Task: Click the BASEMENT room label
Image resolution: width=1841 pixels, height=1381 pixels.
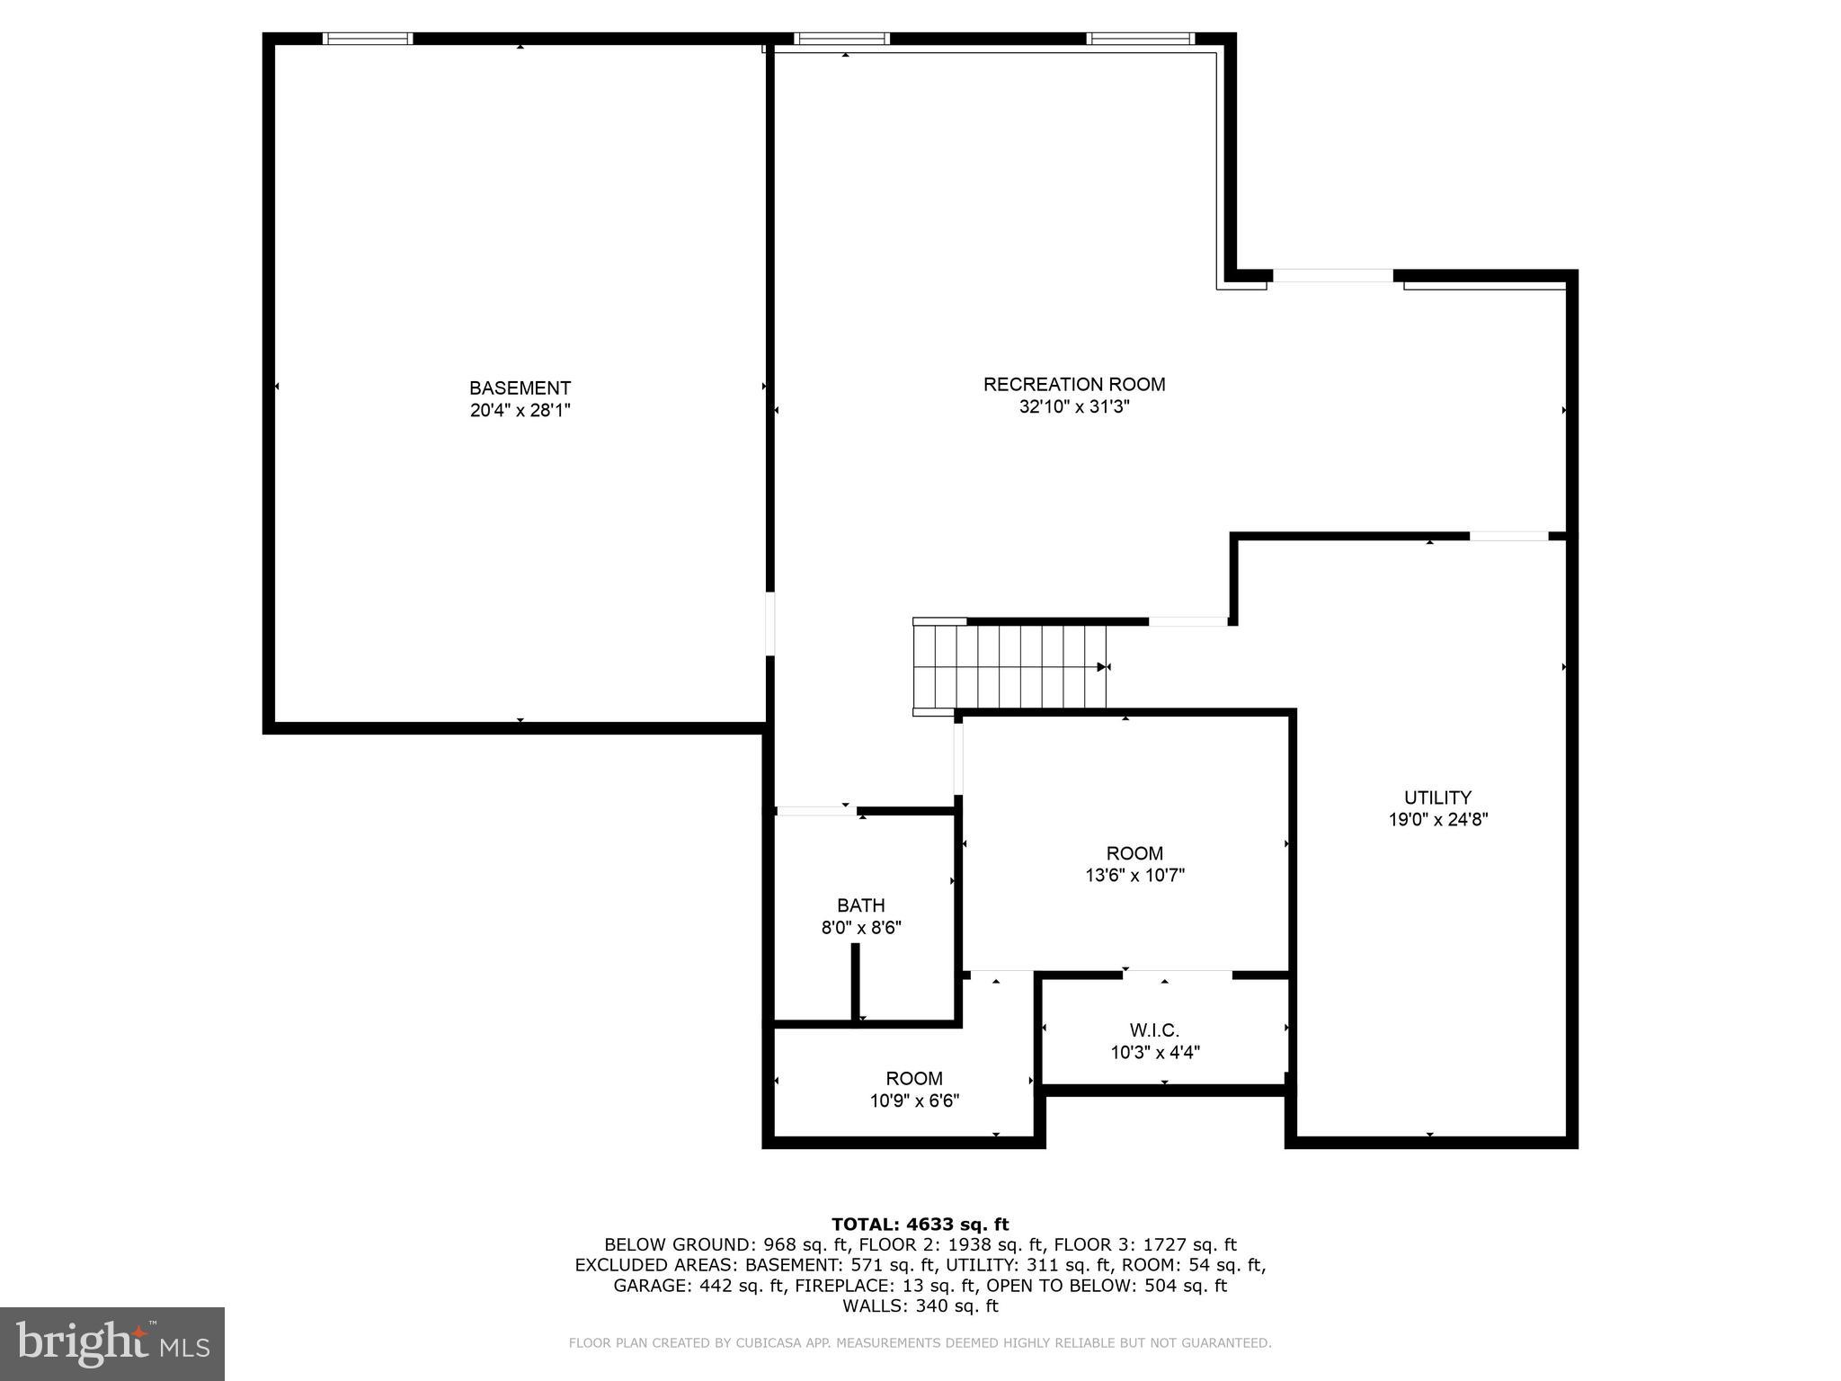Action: (520, 388)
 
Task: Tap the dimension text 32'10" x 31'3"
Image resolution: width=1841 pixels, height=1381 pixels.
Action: (1073, 406)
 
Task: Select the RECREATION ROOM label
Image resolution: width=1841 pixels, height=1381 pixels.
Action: (1073, 384)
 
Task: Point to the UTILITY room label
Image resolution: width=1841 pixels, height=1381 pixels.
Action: (1437, 797)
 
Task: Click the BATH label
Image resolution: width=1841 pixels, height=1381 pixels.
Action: (860, 905)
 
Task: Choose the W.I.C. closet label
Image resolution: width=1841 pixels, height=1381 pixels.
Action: (1154, 1030)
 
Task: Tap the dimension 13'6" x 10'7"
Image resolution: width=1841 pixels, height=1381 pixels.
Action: (1134, 876)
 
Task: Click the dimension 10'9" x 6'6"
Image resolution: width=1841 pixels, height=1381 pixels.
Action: (914, 1100)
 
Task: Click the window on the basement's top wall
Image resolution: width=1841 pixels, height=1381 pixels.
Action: (367, 39)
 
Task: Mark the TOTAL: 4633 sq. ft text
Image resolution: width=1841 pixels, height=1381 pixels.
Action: (920, 1225)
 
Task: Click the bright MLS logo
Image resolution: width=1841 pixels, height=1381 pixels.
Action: (111, 1344)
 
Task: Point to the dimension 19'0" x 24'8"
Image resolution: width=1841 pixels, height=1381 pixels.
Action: (1437, 820)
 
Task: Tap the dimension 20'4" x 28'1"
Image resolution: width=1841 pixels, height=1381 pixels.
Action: (520, 411)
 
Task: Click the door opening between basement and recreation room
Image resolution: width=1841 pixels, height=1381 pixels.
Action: (769, 623)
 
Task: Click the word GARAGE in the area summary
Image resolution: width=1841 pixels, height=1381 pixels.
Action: (650, 1286)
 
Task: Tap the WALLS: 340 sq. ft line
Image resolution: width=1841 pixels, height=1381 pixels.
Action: (920, 1306)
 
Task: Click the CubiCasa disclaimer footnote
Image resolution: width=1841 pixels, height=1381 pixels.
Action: (920, 1343)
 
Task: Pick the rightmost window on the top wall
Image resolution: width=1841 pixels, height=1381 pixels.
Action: (1139, 39)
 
